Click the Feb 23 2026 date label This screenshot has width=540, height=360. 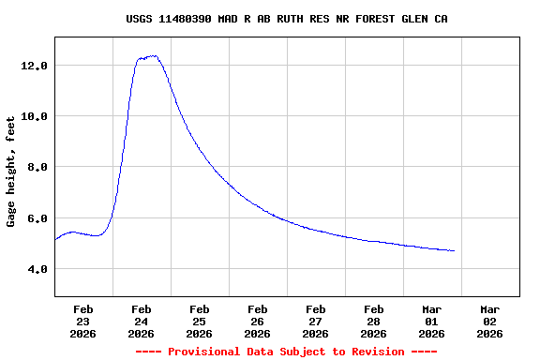pyautogui.click(x=82, y=321)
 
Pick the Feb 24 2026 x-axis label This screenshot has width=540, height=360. pyautogui.click(x=141, y=321)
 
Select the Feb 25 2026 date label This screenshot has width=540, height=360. pyautogui.click(x=199, y=321)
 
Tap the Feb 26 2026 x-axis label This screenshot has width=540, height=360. pyautogui.click(x=257, y=321)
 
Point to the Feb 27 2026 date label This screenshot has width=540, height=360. pyautogui.click(x=315, y=321)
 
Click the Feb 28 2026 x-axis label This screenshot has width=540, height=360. pyautogui.click(x=373, y=321)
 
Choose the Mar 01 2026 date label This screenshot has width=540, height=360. pyautogui.click(x=431, y=321)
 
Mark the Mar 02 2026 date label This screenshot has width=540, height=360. pyautogui.click(x=489, y=321)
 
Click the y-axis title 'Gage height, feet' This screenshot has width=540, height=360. pyautogui.click(x=11, y=172)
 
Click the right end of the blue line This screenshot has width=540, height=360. pyautogui.click(x=454, y=250)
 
